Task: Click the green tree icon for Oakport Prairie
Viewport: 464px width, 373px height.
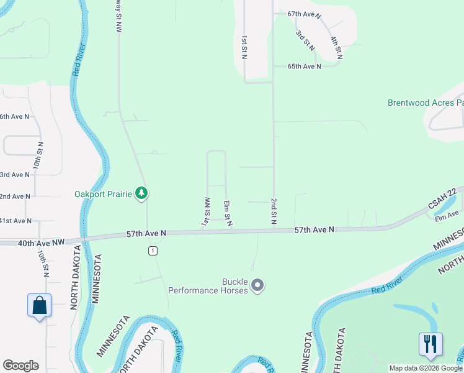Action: [x=143, y=194]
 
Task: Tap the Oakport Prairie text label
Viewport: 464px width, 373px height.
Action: [x=104, y=195]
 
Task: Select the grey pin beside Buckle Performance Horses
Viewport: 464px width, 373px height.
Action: [x=259, y=286]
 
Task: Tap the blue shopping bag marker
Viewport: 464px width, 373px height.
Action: [x=39, y=306]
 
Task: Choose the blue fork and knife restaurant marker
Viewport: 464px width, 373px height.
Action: [x=431, y=344]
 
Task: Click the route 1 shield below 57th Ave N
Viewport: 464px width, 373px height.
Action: [x=152, y=251]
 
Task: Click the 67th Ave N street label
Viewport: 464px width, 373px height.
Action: [x=305, y=14]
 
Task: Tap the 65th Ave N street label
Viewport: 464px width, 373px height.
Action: [x=305, y=66]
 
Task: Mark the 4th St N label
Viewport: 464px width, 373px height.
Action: [x=337, y=48]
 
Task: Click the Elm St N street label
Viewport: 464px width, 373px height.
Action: [x=228, y=213]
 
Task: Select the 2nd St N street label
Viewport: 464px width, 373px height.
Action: [x=273, y=211]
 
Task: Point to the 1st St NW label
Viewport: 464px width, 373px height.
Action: [x=203, y=211]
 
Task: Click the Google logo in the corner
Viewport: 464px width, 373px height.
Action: [x=20, y=366]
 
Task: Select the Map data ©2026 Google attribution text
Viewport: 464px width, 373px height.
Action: [x=425, y=368]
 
